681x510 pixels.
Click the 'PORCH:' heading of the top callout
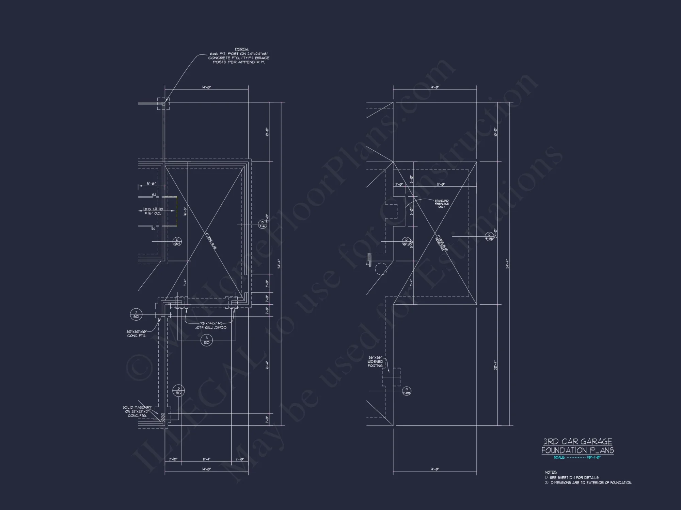click(242, 50)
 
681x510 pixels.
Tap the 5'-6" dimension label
click(152, 184)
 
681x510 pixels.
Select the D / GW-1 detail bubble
click(177, 242)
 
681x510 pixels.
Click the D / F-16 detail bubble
click(262, 224)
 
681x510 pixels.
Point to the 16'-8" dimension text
click(185, 211)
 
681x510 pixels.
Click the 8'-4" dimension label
click(207, 459)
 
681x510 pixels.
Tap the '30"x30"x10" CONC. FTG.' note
click(136, 334)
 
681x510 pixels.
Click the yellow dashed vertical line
click(177, 211)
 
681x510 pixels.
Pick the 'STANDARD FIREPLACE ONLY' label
click(442, 204)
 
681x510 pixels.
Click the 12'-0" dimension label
click(441, 185)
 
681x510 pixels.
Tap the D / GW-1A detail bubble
click(406, 242)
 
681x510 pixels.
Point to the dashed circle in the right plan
click(381, 269)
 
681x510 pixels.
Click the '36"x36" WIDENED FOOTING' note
click(375, 362)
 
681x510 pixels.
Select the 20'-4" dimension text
click(495, 365)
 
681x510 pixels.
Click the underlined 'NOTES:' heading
click(551, 472)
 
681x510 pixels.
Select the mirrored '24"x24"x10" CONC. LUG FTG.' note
click(210, 325)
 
